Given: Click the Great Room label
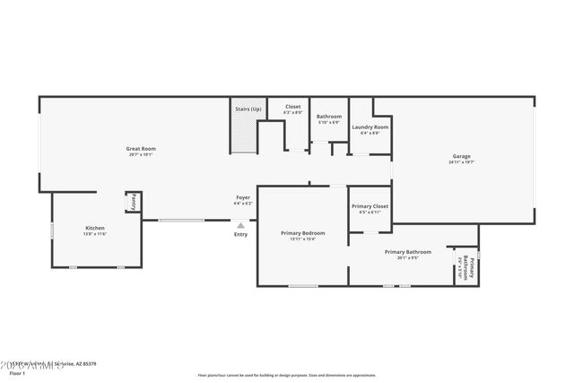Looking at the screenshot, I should [x=141, y=148].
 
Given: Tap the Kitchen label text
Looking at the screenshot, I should [x=95, y=228].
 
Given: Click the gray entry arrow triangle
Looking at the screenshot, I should [x=240, y=226].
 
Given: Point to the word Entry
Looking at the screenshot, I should [x=240, y=234].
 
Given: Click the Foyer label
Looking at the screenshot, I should [x=243, y=197].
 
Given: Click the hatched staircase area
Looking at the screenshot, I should [x=244, y=134].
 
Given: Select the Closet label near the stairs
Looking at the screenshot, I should [x=293, y=107].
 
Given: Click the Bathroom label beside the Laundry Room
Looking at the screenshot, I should [x=329, y=117].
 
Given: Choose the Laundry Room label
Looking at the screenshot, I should [x=370, y=127].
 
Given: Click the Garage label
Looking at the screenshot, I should [x=461, y=156].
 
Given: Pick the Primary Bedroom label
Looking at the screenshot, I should [x=301, y=232].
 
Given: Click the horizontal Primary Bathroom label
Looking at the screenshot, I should [x=408, y=252].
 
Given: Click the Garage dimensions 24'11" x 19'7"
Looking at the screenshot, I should [x=461, y=162].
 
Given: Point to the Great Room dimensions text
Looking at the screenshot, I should [x=141, y=154].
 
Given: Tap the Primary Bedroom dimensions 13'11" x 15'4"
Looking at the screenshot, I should [x=301, y=239].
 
